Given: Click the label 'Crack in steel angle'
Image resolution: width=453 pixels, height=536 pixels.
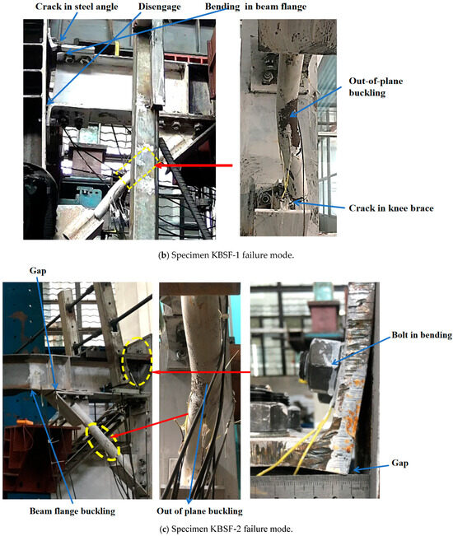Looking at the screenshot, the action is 77,7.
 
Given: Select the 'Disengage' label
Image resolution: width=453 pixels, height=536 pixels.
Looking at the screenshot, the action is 159,7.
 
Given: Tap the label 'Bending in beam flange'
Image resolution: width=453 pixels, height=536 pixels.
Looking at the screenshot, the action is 255,7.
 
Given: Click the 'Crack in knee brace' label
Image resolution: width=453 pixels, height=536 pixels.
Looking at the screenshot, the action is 391,208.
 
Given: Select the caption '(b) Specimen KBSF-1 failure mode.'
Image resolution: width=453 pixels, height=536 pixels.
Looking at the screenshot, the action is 226,255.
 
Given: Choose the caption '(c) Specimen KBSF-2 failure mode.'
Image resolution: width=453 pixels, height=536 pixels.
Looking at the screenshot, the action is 226,529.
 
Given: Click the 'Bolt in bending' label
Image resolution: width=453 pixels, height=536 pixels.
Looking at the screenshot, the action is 422,334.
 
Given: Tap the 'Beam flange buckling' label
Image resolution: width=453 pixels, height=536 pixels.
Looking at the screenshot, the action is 72,511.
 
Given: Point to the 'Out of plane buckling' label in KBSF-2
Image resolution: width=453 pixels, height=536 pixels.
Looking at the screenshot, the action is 199,511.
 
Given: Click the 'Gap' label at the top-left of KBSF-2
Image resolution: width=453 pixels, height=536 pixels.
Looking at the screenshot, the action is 38,271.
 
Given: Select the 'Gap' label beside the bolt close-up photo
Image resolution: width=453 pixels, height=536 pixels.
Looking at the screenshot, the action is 399,464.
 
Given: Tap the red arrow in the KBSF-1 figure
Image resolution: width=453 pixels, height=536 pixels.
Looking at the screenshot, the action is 194,165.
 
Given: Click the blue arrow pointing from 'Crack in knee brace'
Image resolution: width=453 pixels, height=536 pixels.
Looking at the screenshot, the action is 320,205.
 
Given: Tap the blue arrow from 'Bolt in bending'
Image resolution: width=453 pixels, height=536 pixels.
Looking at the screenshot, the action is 361,351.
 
